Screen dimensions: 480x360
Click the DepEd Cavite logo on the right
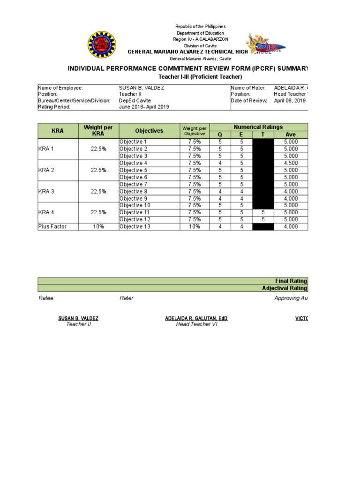click(x=266, y=46)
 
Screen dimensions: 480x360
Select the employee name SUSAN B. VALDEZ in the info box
click(x=142, y=88)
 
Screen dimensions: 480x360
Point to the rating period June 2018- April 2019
click(x=144, y=107)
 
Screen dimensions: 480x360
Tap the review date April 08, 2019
click(x=289, y=100)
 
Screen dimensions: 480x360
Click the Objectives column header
click(x=149, y=131)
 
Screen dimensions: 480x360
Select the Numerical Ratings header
click(x=258, y=127)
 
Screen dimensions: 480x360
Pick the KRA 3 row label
click(x=46, y=191)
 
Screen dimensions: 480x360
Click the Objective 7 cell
click(x=133, y=184)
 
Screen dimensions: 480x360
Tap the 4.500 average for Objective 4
click(x=290, y=163)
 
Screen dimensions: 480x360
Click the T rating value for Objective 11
click(x=263, y=212)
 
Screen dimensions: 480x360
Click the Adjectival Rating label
click(x=285, y=288)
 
